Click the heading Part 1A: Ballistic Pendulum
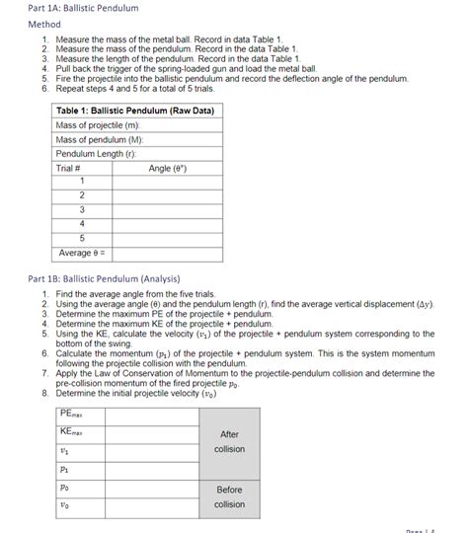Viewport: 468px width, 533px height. click(69, 8)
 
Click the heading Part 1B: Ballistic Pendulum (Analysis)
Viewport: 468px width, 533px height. click(104, 278)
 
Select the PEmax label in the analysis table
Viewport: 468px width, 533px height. click(73, 415)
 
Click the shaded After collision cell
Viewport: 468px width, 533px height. click(229, 441)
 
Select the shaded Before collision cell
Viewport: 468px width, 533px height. click(229, 496)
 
